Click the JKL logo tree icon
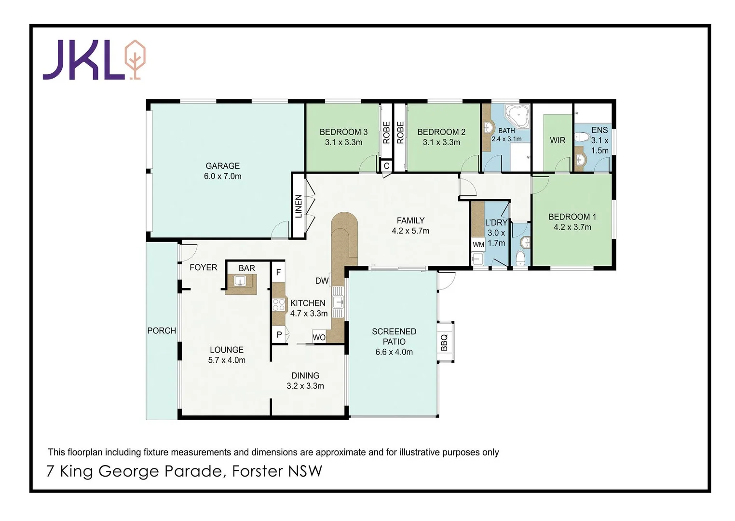[135, 59]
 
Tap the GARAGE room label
[222, 165]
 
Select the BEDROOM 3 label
[343, 132]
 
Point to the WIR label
[558, 140]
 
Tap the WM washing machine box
[478, 245]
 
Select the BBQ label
[444, 342]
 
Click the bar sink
[240, 281]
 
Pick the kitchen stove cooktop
[279, 304]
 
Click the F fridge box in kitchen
[278, 273]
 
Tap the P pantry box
[279, 334]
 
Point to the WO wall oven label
[319, 337]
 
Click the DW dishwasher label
[322, 281]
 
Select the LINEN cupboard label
[299, 206]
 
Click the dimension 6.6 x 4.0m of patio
[394, 352]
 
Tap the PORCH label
[162, 330]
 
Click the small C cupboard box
[386, 166]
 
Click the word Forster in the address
[257, 471]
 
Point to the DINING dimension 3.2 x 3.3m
[305, 386]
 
